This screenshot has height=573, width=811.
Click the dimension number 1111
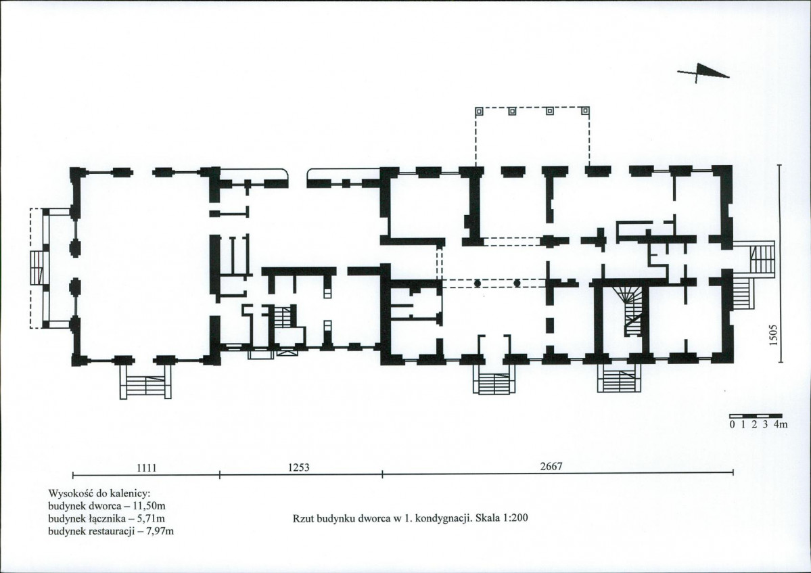point(146,468)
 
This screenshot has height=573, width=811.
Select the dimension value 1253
point(299,467)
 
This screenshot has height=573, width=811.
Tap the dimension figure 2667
point(551,466)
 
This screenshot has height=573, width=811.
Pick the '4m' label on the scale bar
point(781,425)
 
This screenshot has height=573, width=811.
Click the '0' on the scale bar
point(732,425)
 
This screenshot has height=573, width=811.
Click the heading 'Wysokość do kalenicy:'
point(99,493)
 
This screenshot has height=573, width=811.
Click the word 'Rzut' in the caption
point(302,518)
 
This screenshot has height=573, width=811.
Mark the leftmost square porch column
point(480,111)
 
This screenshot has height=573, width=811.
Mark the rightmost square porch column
point(585,111)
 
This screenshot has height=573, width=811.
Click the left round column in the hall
point(478,283)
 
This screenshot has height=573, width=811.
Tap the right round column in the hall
point(517,283)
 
